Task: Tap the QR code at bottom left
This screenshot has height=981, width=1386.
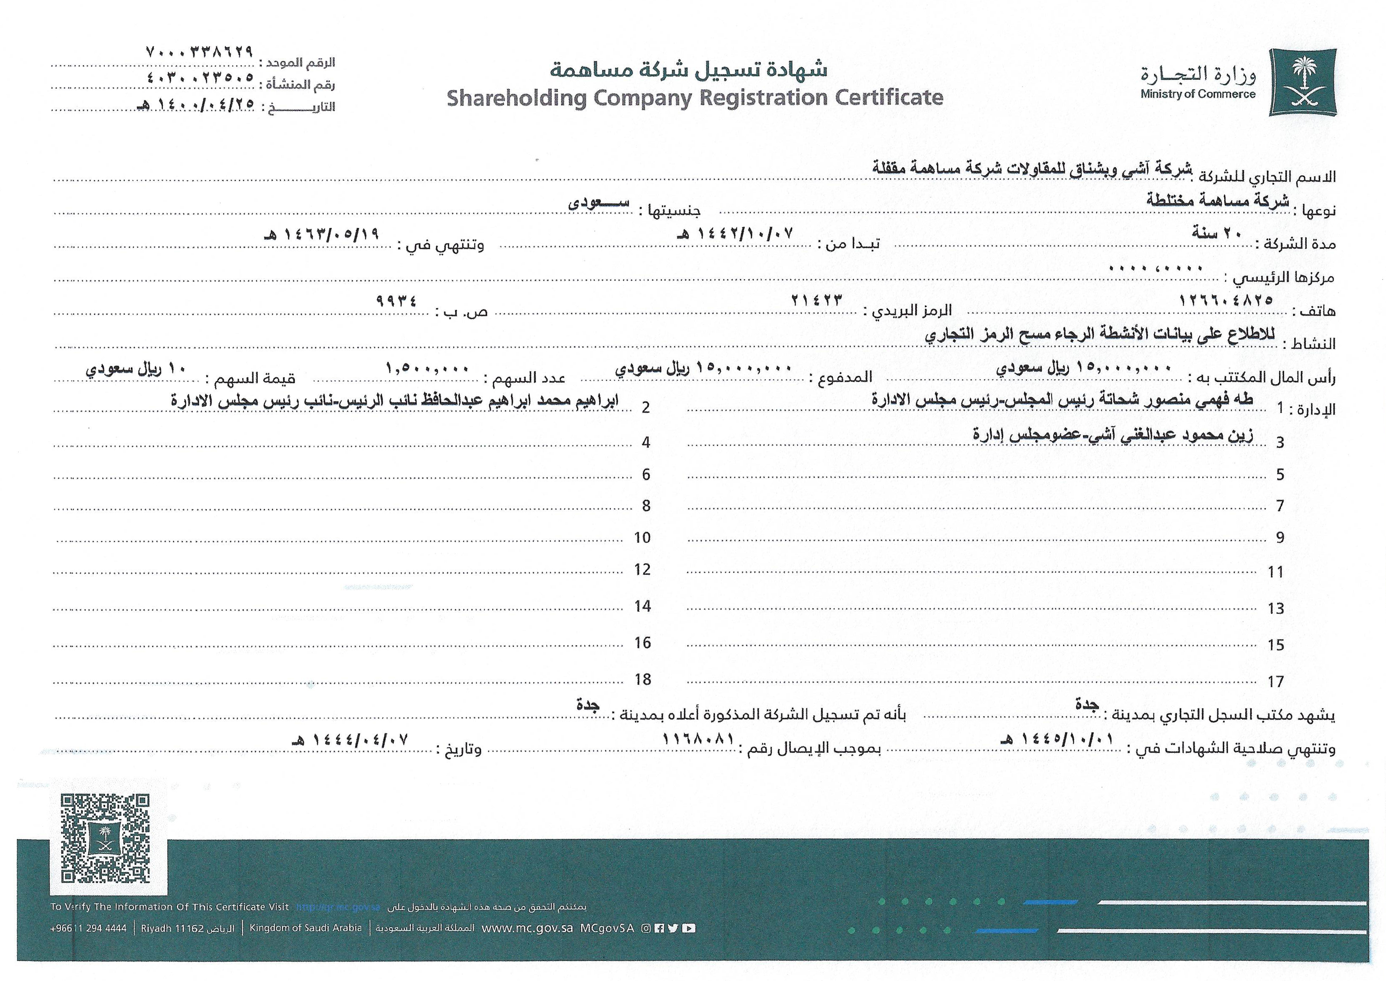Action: tap(105, 839)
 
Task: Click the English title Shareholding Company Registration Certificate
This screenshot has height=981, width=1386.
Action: tap(695, 97)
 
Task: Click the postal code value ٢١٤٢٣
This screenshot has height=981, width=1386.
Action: tap(816, 299)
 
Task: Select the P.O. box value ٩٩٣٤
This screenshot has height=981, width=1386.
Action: tap(396, 300)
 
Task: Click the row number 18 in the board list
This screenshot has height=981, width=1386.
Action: tap(643, 680)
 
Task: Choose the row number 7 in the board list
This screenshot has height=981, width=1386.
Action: tap(1280, 506)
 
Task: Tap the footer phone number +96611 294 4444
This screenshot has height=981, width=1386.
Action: tap(89, 928)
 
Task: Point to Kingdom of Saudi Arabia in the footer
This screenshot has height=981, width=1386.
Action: tap(306, 928)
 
